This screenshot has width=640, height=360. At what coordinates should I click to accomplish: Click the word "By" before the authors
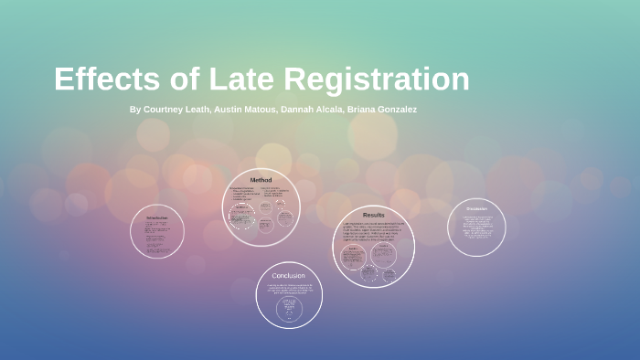pos(135,110)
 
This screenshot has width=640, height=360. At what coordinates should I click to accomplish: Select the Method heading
pos(261,180)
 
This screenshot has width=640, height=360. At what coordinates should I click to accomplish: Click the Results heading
pos(373,215)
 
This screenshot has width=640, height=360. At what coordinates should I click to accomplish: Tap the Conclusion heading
pos(289,275)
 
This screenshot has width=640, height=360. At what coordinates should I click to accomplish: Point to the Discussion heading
pos(476,209)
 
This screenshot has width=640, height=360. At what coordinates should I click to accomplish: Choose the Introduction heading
pos(157,218)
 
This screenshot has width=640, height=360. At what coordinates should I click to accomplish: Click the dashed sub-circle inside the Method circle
pos(242,217)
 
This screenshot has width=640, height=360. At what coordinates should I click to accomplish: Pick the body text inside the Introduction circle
pos(157,236)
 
